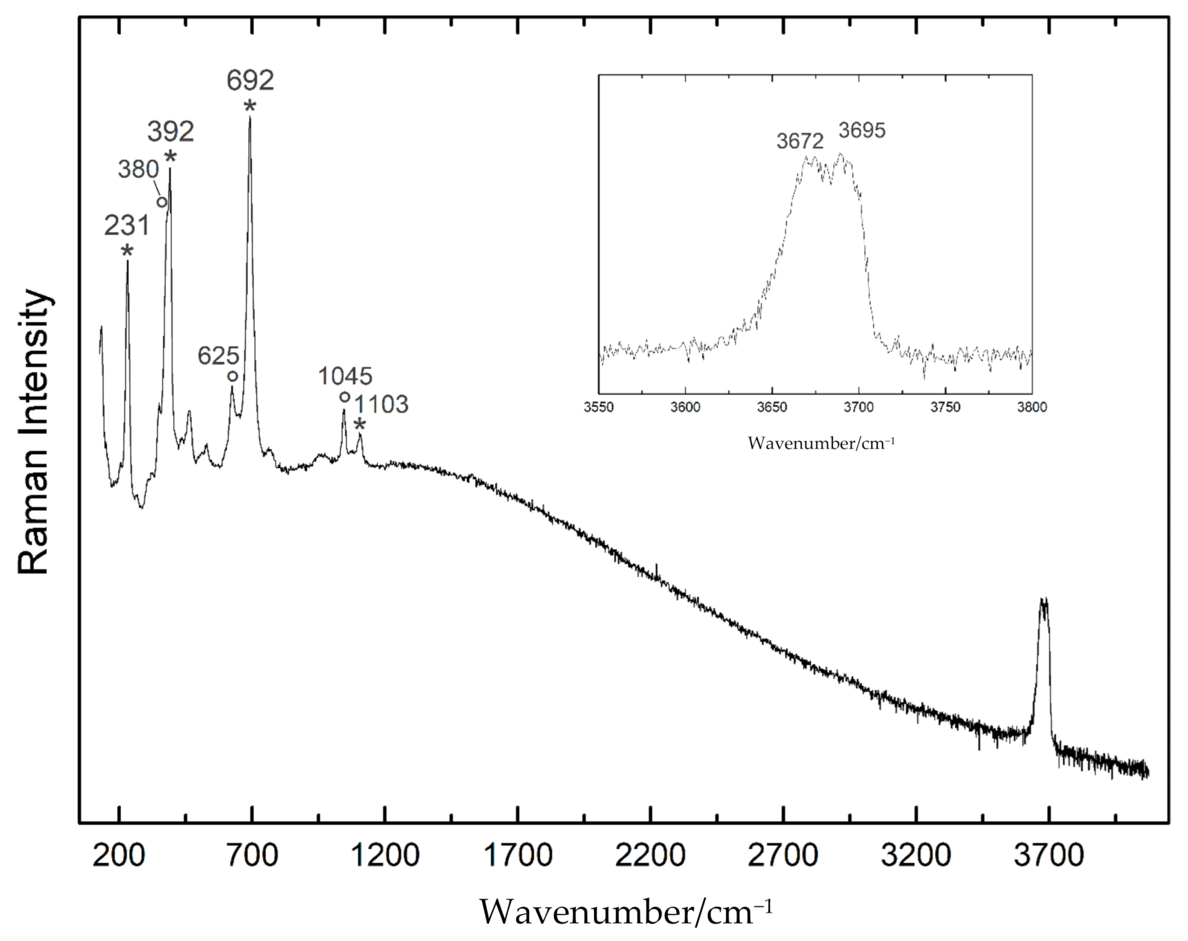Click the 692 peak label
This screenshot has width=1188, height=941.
[x=250, y=81]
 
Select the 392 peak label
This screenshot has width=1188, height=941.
[x=170, y=132]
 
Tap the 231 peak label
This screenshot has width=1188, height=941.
[x=127, y=226]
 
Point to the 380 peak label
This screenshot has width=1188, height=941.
[x=138, y=169]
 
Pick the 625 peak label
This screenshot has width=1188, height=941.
[x=218, y=356]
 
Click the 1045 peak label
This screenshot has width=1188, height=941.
[x=345, y=376]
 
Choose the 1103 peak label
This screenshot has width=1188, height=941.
[x=382, y=404]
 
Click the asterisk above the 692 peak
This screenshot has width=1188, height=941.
[x=250, y=106]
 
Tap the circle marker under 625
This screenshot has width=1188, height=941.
[x=232, y=376]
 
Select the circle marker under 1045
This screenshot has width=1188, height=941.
[x=345, y=397]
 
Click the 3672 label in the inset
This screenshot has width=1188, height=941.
[x=800, y=141]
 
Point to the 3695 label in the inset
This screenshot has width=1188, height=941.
[x=862, y=131]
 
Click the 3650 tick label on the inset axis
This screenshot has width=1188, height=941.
[x=772, y=407]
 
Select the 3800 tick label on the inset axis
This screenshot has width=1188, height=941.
[x=1032, y=407]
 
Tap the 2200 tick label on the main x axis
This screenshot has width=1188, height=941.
[x=650, y=856]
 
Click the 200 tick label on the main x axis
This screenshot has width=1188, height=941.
[x=119, y=856]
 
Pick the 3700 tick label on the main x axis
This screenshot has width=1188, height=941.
[x=1049, y=856]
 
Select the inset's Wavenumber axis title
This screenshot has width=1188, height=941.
[x=821, y=443]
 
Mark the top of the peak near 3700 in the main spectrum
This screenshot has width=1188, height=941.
[x=1043, y=600]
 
